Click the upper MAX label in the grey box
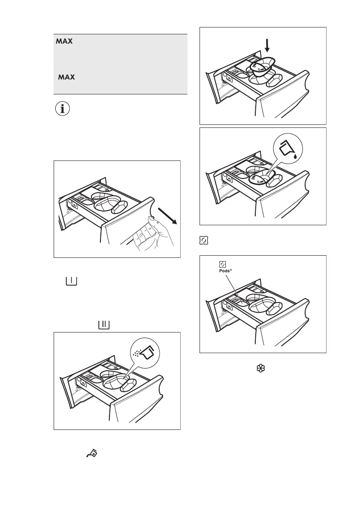[x=64, y=42]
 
